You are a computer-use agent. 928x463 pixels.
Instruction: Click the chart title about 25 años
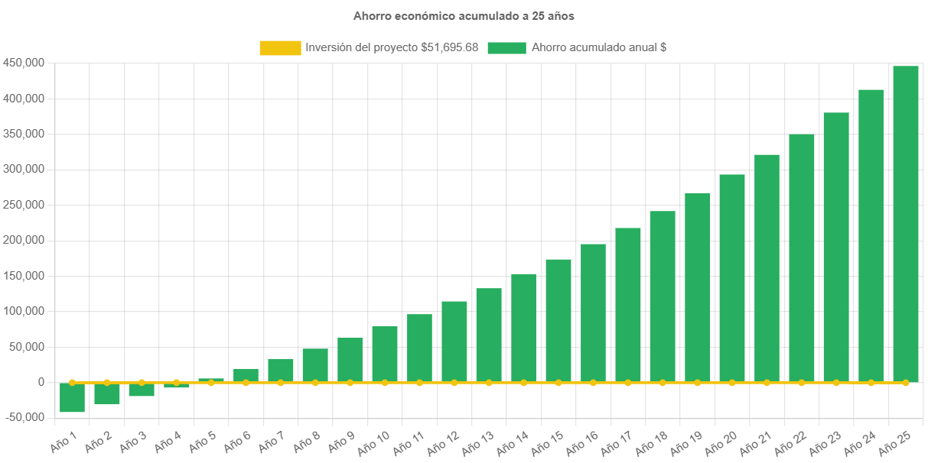[464, 15]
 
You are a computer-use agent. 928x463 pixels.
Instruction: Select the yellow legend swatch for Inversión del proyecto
[280, 47]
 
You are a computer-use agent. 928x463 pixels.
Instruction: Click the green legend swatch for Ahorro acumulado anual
[506, 47]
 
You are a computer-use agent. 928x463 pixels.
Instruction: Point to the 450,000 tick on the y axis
[23, 63]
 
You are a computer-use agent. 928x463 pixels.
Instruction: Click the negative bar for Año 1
[72, 397]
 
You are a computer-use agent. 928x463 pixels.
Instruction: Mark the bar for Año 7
[281, 371]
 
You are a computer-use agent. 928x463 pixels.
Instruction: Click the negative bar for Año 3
[142, 390]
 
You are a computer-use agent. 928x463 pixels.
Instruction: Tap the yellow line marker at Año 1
[72, 382]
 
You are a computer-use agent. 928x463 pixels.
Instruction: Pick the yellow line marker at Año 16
[593, 382]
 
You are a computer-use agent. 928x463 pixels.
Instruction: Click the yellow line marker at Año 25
[906, 382]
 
